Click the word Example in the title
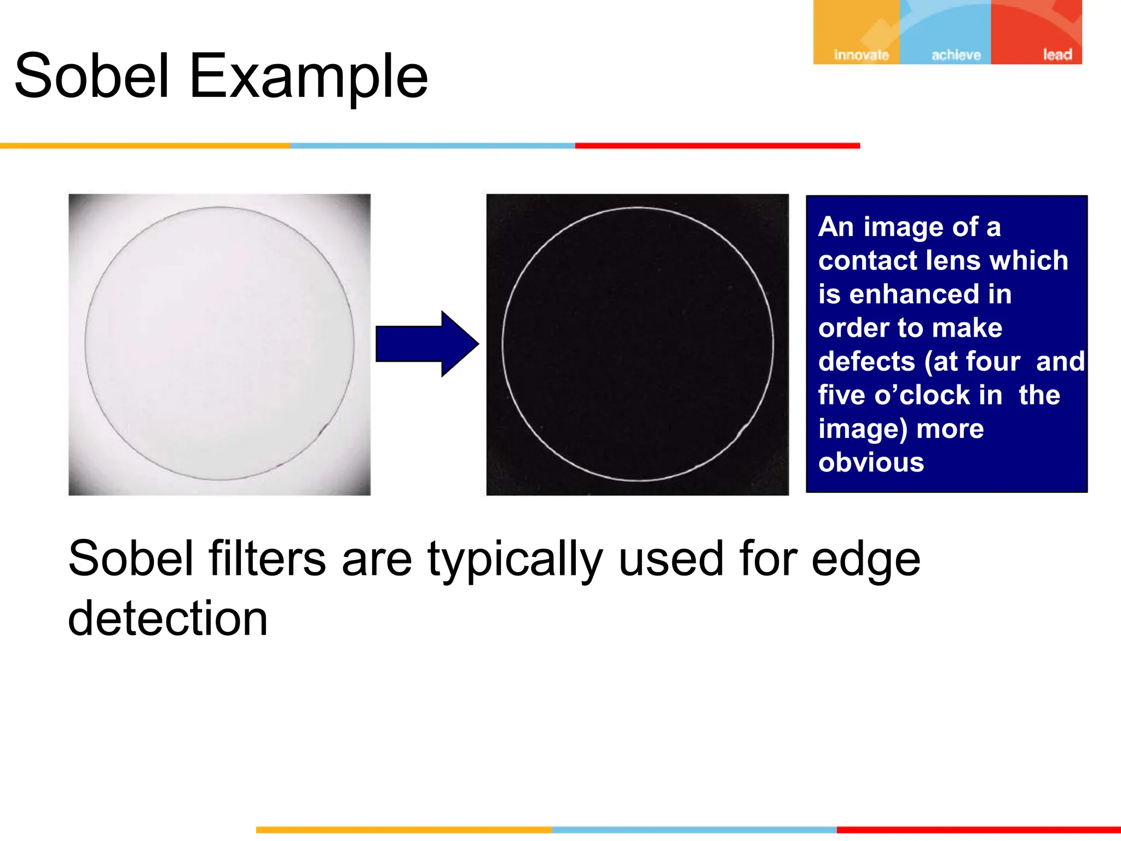pyautogui.click(x=308, y=77)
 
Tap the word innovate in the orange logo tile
pyautogui.click(x=861, y=55)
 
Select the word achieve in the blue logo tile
pyautogui.click(x=956, y=55)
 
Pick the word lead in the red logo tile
pyautogui.click(x=1057, y=54)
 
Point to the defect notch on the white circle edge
pyautogui.click(x=744, y=429)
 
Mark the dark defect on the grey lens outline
pyautogui.click(x=324, y=428)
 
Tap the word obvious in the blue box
pyautogui.click(x=871, y=462)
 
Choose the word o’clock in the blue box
pyautogui.click(x=927, y=395)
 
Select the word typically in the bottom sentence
pyautogui.click(x=515, y=560)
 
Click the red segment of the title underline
pyautogui.click(x=717, y=146)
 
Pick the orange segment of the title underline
pyautogui.click(x=145, y=146)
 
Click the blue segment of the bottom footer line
pyautogui.click(x=694, y=830)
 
